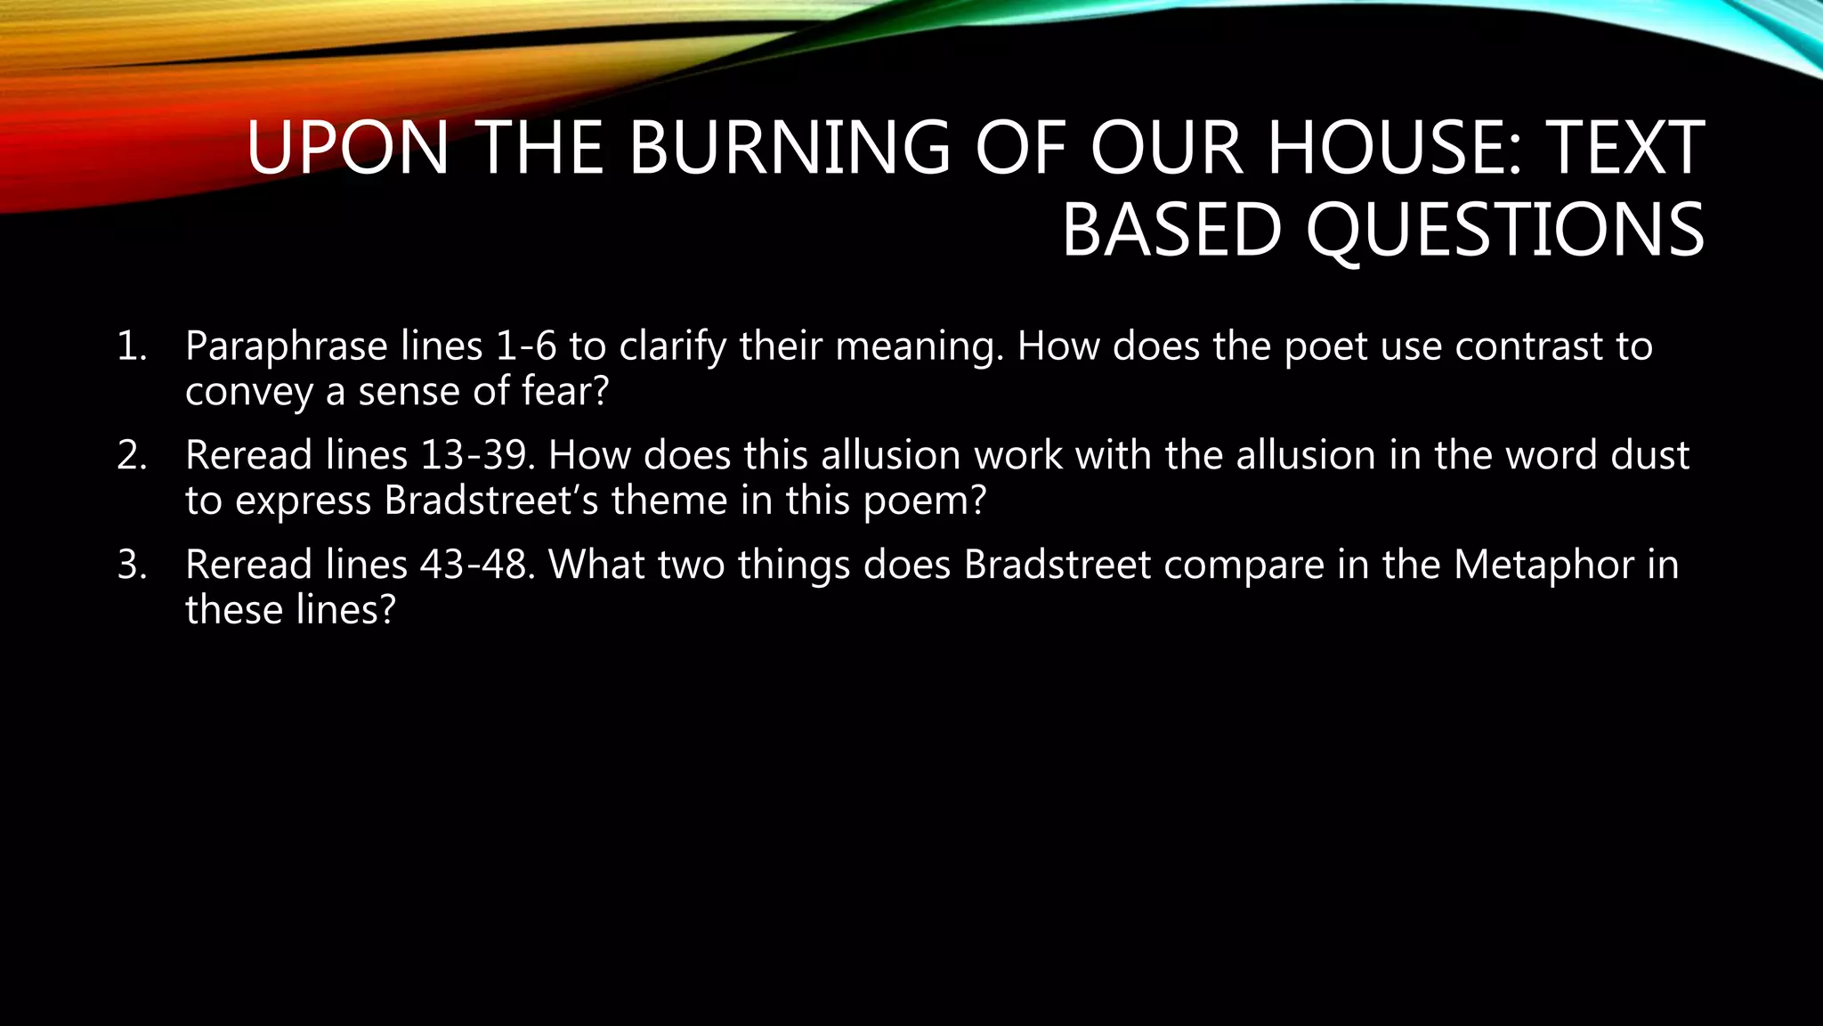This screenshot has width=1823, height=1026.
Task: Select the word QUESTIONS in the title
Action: pyautogui.click(x=1505, y=230)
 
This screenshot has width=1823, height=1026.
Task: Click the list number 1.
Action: pyautogui.click(x=131, y=346)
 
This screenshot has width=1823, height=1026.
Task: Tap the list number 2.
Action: pyautogui.click(x=131, y=456)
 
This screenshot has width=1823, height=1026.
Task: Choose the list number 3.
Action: pyautogui.click(x=131, y=566)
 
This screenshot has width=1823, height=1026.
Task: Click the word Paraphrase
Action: pyautogui.click(x=286, y=346)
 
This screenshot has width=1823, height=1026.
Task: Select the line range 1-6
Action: pyautogui.click(x=525, y=346)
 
